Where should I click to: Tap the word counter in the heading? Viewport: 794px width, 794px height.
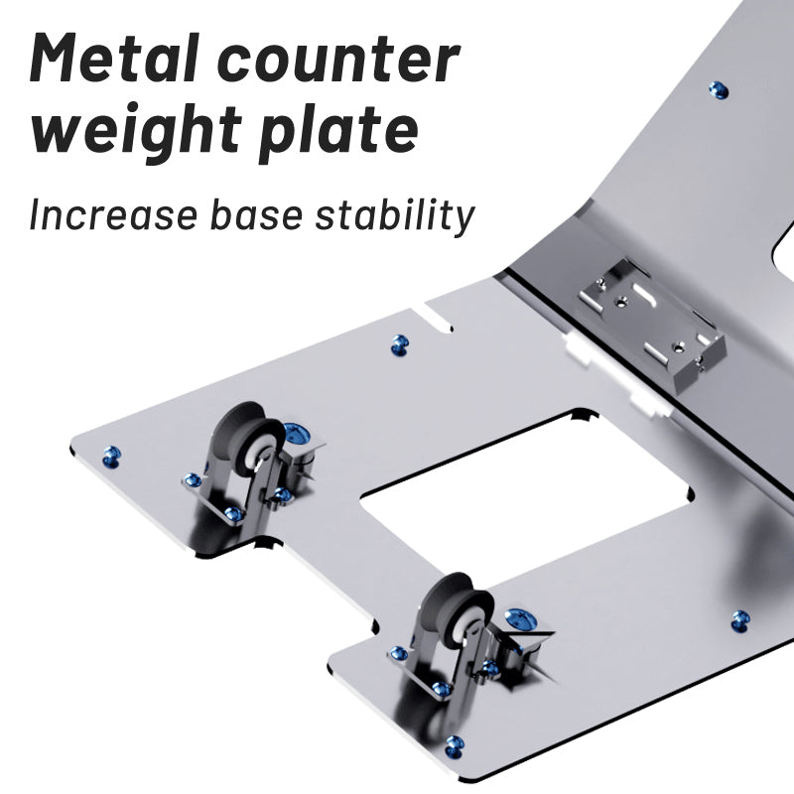click(x=338, y=61)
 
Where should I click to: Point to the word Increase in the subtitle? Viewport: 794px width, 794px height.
click(x=112, y=214)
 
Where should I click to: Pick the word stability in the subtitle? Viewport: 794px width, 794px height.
click(x=394, y=216)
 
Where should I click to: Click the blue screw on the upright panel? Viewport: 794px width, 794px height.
click(x=718, y=90)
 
